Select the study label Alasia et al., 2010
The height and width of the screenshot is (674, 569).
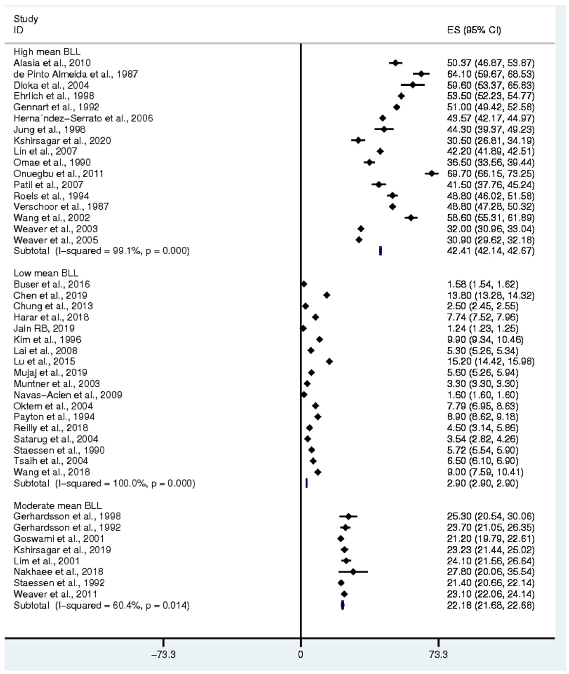(52, 63)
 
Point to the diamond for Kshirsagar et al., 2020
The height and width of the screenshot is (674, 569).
(358, 141)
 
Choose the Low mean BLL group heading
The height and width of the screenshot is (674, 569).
(46, 273)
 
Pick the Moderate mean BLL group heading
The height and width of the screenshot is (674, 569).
(57, 505)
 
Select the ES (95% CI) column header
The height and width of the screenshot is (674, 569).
(474, 30)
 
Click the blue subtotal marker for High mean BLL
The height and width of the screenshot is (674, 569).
(381, 251)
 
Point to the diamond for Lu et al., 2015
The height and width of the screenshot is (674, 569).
(329, 362)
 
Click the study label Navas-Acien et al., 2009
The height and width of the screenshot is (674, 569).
(68, 395)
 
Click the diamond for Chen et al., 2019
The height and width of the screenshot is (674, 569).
(326, 295)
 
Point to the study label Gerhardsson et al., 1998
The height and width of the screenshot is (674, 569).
(67, 516)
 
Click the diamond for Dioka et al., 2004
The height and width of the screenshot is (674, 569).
(413, 85)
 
